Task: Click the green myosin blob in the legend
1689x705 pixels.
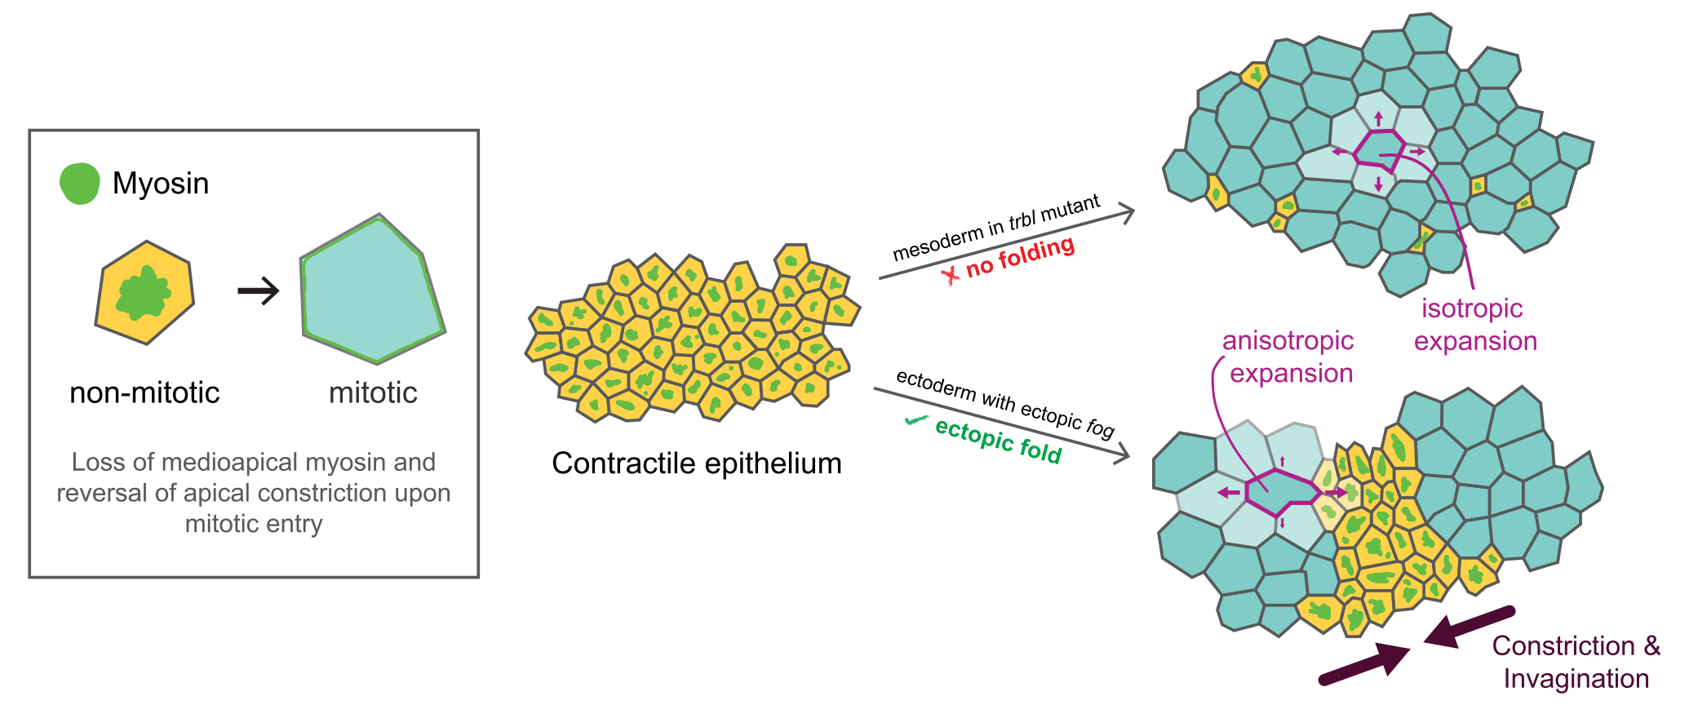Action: pos(79,183)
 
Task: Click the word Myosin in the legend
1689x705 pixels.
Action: pos(161,184)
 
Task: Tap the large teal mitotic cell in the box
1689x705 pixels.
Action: pos(371,290)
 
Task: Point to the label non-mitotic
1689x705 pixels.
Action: pos(144,393)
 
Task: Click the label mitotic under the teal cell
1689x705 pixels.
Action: pos(373,393)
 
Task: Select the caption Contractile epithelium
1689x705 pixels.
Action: pos(696,463)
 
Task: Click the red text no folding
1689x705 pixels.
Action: pos(1020,256)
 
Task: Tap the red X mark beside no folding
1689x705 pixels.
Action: pos(951,275)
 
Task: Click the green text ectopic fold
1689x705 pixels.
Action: pos(998,441)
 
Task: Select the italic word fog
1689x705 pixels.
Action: pos(1100,427)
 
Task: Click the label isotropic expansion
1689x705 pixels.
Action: pos(1474,325)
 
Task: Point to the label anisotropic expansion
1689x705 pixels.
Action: pos(1288,357)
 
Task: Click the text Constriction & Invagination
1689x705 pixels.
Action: pos(1576,662)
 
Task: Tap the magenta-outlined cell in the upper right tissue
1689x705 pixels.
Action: pos(1380,150)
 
